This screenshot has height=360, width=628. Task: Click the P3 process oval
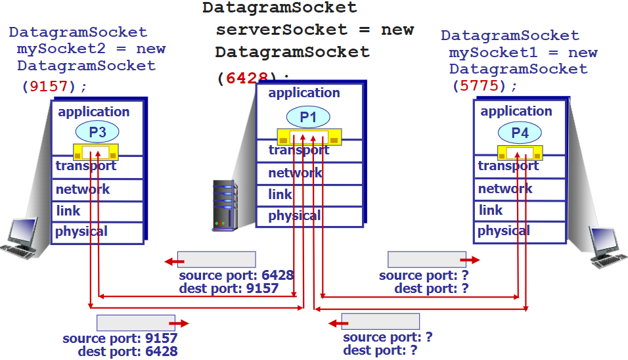tap(97, 132)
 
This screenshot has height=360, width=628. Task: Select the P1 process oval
tap(308, 118)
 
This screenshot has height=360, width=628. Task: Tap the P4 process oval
tap(520, 133)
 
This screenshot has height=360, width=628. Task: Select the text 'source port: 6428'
tap(236, 275)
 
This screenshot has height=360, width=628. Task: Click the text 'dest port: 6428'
tap(127, 351)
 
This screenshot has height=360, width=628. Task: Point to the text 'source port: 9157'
tap(120, 338)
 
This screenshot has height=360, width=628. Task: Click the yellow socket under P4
tap(520, 153)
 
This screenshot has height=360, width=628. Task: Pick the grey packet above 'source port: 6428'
tap(216, 259)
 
